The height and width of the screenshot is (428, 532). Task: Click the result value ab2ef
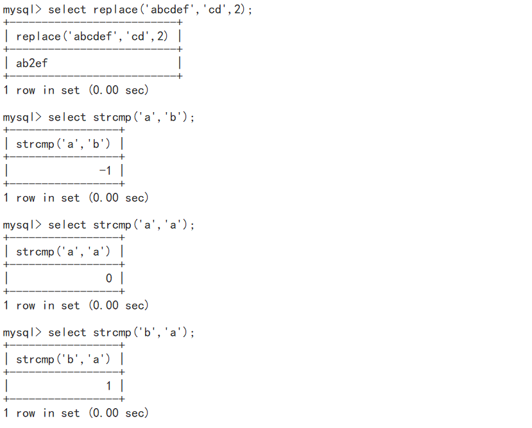click(31, 63)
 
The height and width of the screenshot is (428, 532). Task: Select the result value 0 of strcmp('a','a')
click(109, 279)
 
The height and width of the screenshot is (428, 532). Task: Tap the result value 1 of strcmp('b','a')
click(109, 386)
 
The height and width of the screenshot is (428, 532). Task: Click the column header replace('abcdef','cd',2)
click(92, 37)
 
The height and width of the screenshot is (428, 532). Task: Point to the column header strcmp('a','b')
click(64, 144)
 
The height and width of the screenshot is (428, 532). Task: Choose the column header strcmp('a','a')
click(64, 252)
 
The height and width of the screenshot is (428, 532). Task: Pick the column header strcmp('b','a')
click(64, 359)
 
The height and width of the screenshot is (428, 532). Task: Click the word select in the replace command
click(67, 10)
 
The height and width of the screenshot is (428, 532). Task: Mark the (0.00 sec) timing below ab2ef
click(118, 90)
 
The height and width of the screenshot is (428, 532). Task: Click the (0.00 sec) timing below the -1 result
click(118, 198)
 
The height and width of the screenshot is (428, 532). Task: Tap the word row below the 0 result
click(26, 306)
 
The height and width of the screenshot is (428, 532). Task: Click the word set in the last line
click(70, 413)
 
